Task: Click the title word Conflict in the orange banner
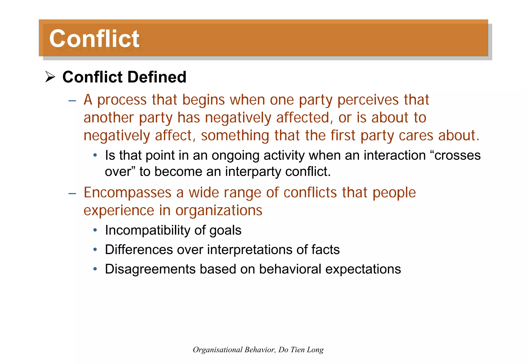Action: (94, 39)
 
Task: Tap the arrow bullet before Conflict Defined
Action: (50, 77)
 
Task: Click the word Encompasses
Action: (127, 193)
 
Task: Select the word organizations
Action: (219, 210)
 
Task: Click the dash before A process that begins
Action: (72, 101)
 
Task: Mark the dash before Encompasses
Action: (72, 194)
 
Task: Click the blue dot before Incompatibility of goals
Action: (95, 230)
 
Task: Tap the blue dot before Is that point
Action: (95, 155)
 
